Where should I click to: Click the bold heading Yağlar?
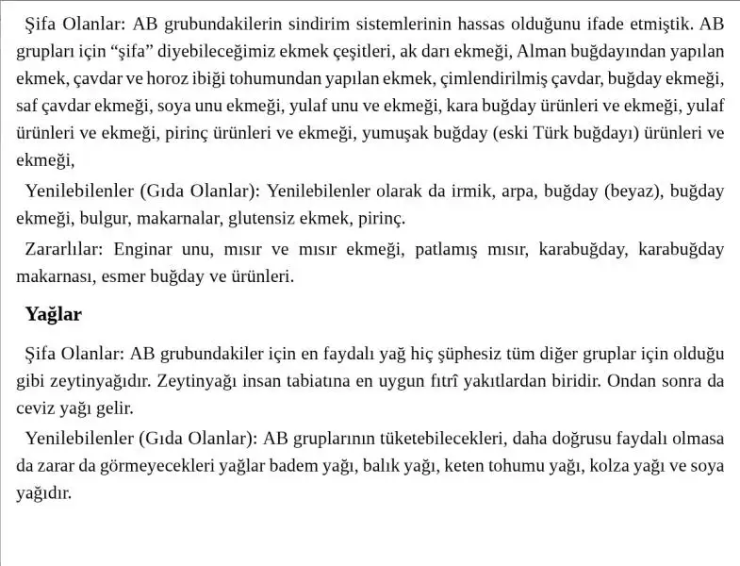tap(54, 314)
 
